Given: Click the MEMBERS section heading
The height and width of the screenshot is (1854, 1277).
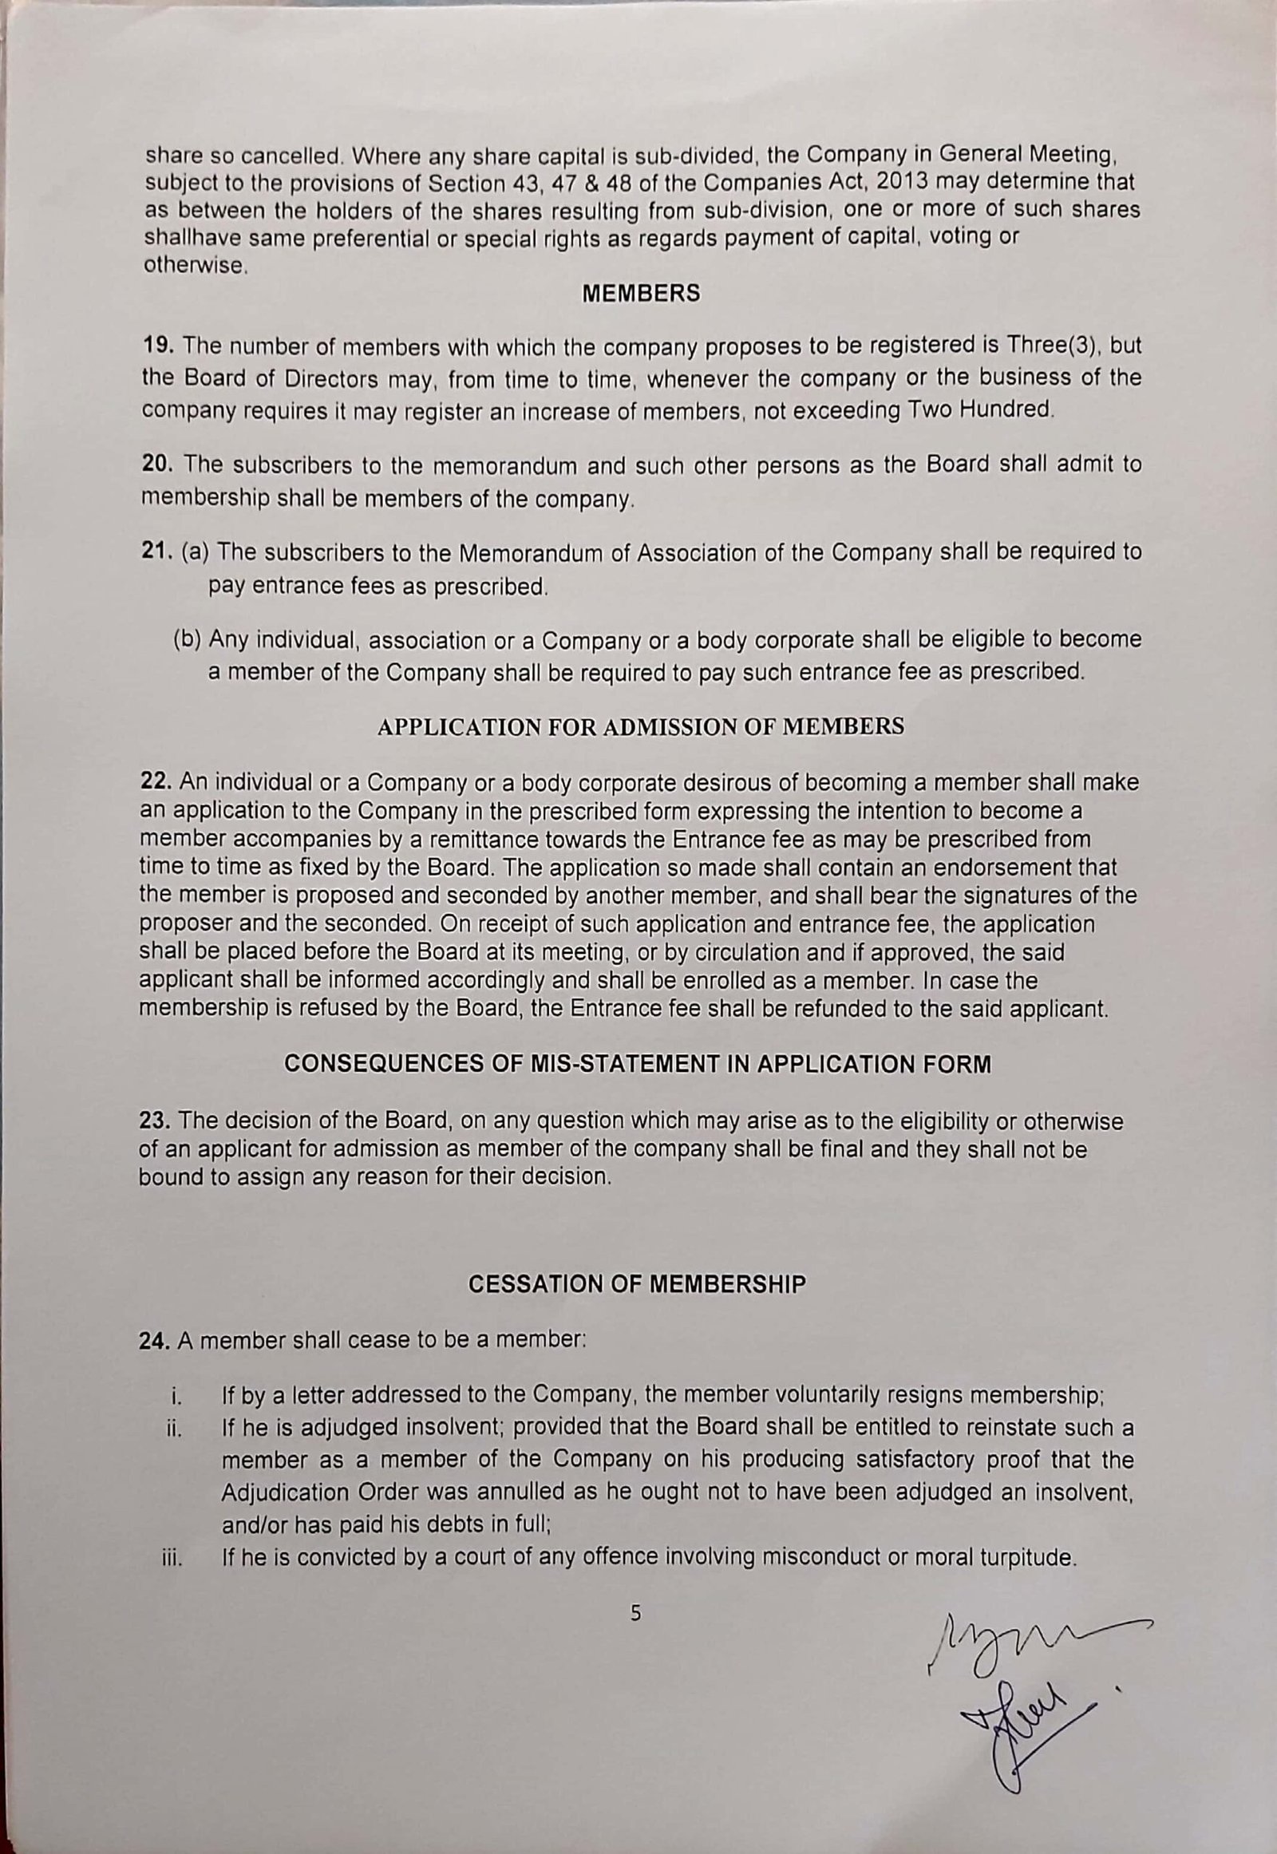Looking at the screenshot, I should [x=640, y=294].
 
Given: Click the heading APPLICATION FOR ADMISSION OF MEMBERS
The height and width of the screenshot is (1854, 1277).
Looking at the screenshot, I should [x=640, y=726].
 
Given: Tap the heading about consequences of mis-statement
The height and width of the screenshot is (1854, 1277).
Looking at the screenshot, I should [x=637, y=1064].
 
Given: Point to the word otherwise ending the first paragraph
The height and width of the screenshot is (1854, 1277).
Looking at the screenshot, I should [x=193, y=266].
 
